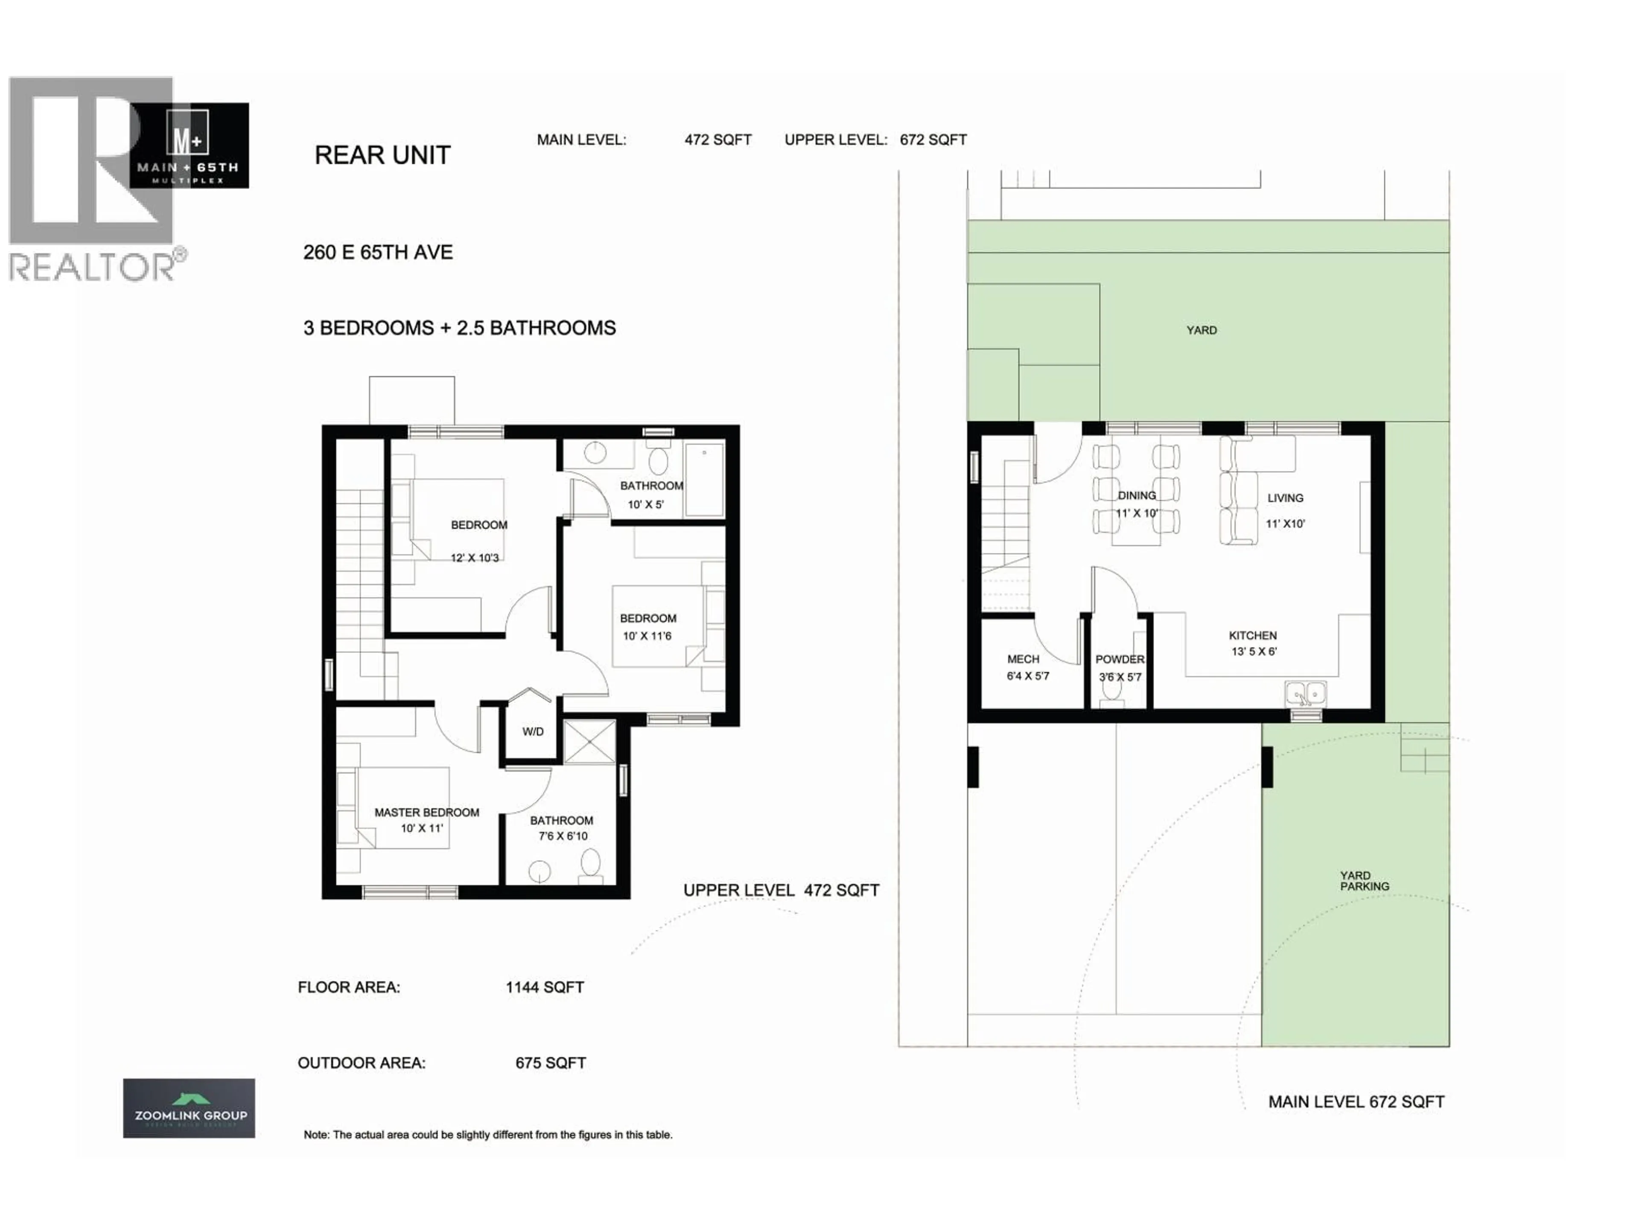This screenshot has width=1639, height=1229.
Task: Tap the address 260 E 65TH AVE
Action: click(378, 253)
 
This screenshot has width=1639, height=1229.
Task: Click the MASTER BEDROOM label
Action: click(427, 813)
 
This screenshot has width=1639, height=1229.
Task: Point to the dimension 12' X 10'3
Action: click(475, 558)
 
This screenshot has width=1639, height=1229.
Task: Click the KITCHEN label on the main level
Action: click(1252, 635)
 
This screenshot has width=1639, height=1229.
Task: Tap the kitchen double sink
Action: click(1306, 694)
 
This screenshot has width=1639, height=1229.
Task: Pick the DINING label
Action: click(1137, 495)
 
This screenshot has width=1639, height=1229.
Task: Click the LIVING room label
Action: click(1285, 498)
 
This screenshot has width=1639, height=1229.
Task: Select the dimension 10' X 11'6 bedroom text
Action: click(647, 635)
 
